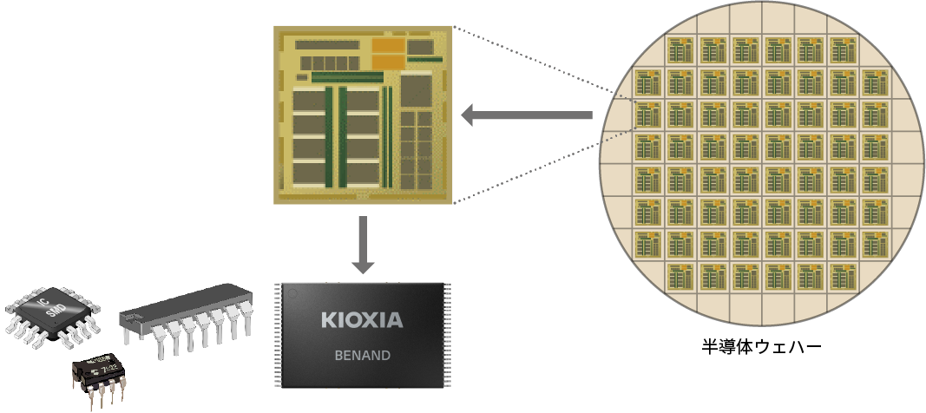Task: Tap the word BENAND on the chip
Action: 362,356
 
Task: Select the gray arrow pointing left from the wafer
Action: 526,115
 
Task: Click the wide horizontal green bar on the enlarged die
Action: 346,77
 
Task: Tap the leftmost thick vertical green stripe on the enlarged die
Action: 328,136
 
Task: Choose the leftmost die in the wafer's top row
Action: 680,50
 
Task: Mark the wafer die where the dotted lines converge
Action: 647,115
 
